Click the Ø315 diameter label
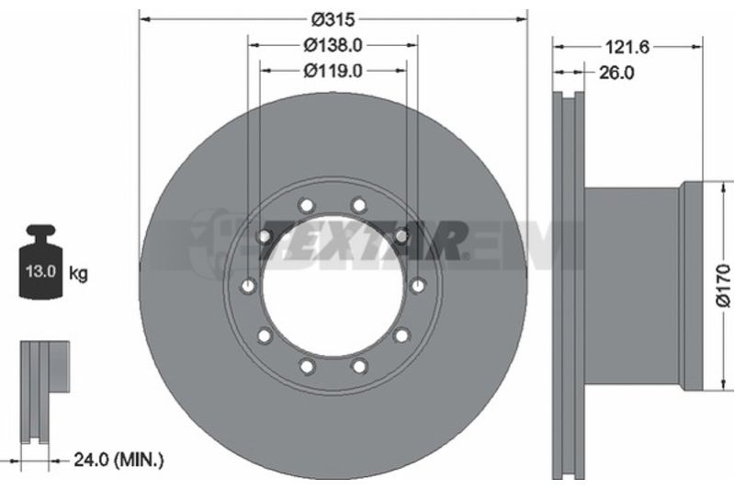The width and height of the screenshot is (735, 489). (334, 19)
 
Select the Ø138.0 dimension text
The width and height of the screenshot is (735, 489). (334, 45)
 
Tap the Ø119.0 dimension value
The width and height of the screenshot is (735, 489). (334, 71)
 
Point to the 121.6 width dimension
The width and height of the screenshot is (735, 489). (628, 47)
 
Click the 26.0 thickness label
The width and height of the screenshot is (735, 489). (616, 73)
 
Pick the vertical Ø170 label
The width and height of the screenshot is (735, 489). (724, 286)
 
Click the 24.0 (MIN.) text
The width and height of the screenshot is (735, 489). (119, 276)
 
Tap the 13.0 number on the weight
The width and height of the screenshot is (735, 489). (40, 271)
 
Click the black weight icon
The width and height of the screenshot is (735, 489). (40, 262)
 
